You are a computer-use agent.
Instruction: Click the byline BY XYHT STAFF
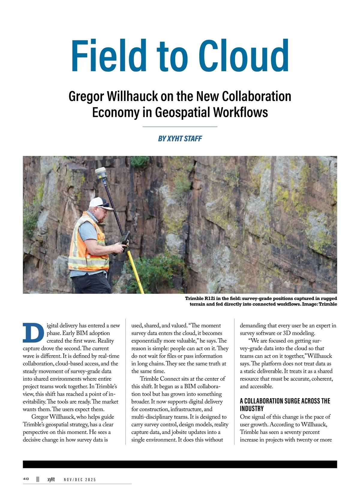click(x=180, y=138)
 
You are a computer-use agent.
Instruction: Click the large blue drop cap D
click(x=33, y=333)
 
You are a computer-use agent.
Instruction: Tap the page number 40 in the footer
click(x=26, y=479)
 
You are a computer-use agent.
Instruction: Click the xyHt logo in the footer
click(x=51, y=479)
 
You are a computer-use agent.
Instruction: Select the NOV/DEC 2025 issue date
click(x=80, y=480)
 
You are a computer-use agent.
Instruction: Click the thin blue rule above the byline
click(x=180, y=127)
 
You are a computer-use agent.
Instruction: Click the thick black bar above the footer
click(x=180, y=464)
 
